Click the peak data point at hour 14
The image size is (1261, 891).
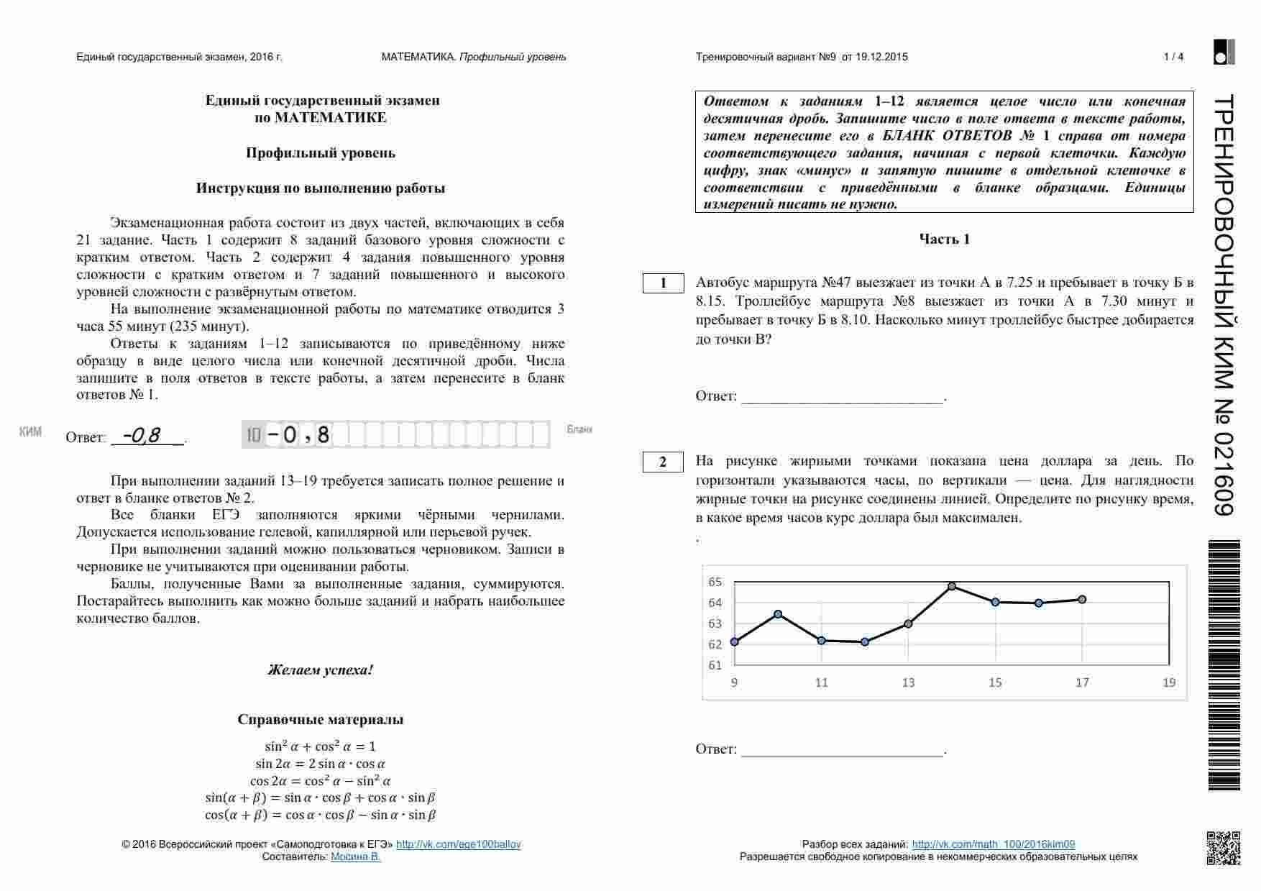point(952,586)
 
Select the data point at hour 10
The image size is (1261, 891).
point(778,613)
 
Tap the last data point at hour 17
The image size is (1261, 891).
point(1082,599)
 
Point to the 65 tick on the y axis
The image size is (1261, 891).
point(715,582)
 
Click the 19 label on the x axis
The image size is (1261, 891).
point(1169,682)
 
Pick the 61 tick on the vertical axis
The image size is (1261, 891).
point(715,665)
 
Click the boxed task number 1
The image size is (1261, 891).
point(663,283)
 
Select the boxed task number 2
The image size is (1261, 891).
point(663,462)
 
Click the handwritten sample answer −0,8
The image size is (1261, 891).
point(142,436)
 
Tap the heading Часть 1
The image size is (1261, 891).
point(944,239)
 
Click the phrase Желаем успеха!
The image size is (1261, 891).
point(321,670)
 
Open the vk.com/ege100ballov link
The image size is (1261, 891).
point(458,844)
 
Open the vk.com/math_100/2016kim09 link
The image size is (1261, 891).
point(993,844)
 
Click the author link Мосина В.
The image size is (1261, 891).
point(355,856)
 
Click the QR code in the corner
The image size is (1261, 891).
point(1223,848)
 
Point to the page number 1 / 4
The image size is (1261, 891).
point(1173,57)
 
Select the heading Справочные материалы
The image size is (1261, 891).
point(321,720)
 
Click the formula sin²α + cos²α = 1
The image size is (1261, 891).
point(321,746)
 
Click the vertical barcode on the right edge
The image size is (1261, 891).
point(1224,665)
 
